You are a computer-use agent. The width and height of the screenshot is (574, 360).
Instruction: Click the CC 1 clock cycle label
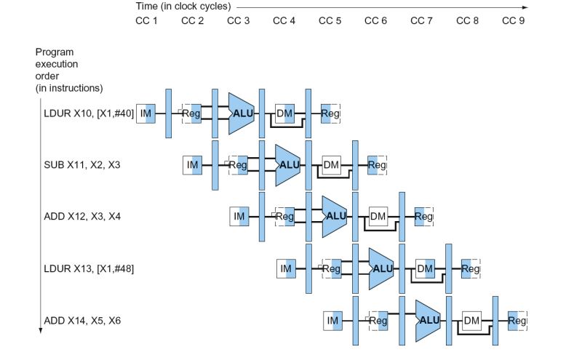click(x=146, y=20)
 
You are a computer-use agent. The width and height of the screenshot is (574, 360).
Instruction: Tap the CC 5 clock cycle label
click(x=330, y=20)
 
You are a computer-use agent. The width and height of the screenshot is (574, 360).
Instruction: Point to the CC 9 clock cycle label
click(x=513, y=20)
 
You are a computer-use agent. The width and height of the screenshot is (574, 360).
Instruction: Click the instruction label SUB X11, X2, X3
click(x=82, y=165)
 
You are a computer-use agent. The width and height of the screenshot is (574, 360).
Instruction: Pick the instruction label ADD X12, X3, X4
click(x=82, y=216)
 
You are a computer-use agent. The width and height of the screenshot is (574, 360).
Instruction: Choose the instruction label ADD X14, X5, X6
click(x=82, y=320)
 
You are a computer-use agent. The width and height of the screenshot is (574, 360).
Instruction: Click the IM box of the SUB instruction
click(x=192, y=165)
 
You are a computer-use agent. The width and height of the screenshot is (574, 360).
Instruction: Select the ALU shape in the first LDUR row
click(x=241, y=113)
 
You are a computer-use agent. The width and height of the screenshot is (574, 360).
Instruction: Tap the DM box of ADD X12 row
click(x=378, y=216)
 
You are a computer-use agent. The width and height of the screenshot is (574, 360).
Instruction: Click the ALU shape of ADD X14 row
click(x=427, y=320)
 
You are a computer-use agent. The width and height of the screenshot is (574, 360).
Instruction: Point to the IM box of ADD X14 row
click(x=332, y=320)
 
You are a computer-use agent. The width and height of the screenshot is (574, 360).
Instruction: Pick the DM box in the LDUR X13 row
click(x=425, y=268)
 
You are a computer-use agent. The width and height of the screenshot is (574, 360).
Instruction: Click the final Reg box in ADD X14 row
click(x=517, y=320)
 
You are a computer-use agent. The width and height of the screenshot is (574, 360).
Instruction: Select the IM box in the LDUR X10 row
click(x=146, y=113)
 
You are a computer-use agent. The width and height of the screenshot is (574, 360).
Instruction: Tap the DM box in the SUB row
click(x=332, y=165)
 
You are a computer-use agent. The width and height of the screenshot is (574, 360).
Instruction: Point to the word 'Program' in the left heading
click(x=54, y=52)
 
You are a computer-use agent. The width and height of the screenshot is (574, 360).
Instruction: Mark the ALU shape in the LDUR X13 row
click(x=380, y=268)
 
